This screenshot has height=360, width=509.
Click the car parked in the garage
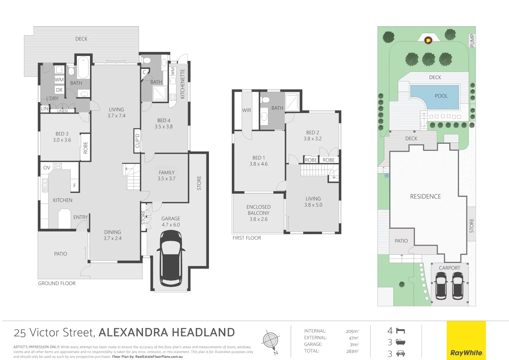coord(171,258)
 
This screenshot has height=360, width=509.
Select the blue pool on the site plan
coord(434,97)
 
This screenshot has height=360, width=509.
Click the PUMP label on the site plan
coord(472,41)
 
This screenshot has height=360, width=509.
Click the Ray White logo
coord(466,353)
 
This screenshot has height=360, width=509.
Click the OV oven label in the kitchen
coord(47,168)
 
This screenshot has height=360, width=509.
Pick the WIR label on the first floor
coord(246,110)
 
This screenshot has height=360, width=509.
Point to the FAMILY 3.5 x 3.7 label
coord(167,175)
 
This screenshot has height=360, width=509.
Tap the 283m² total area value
coord(352,351)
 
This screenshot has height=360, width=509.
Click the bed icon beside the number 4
coord(400,331)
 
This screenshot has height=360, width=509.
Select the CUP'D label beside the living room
coord(137,141)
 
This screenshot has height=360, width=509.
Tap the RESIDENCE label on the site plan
coord(425,197)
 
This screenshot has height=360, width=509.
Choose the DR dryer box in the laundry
coord(59,90)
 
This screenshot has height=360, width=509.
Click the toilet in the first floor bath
coord(265,99)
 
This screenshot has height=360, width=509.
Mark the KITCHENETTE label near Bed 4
coord(182,84)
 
